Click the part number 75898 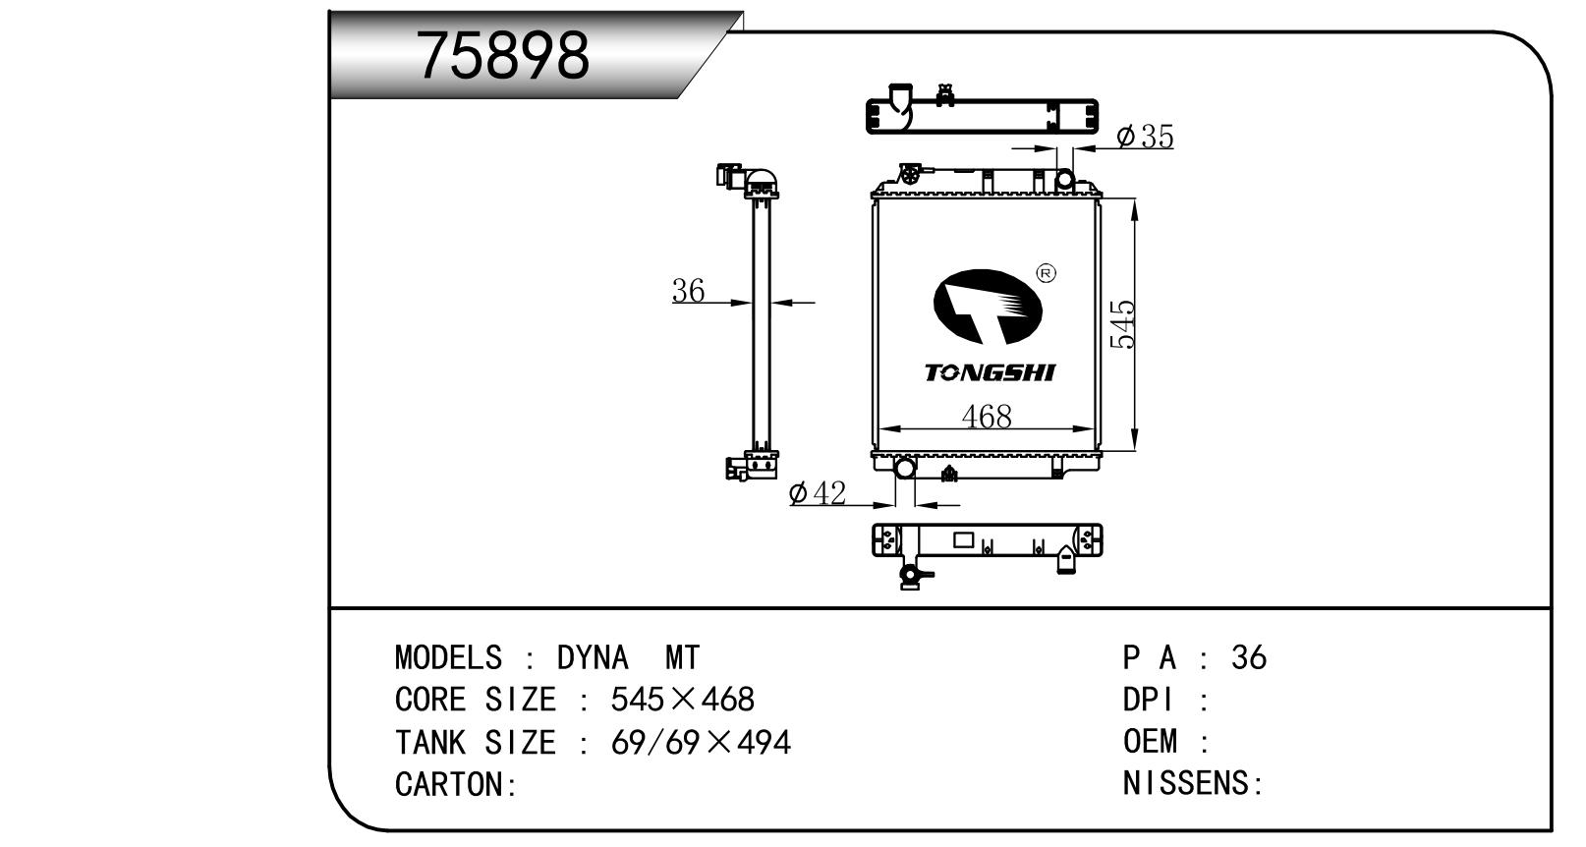point(503,55)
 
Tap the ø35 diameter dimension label point(1145,136)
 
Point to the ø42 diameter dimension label point(818,493)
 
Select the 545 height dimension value point(1122,324)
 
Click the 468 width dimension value point(987,417)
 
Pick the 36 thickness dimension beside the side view point(688,291)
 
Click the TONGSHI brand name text point(990,372)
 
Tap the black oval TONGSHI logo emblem point(988,307)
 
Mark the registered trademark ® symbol point(1046,273)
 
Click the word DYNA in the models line point(592,658)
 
